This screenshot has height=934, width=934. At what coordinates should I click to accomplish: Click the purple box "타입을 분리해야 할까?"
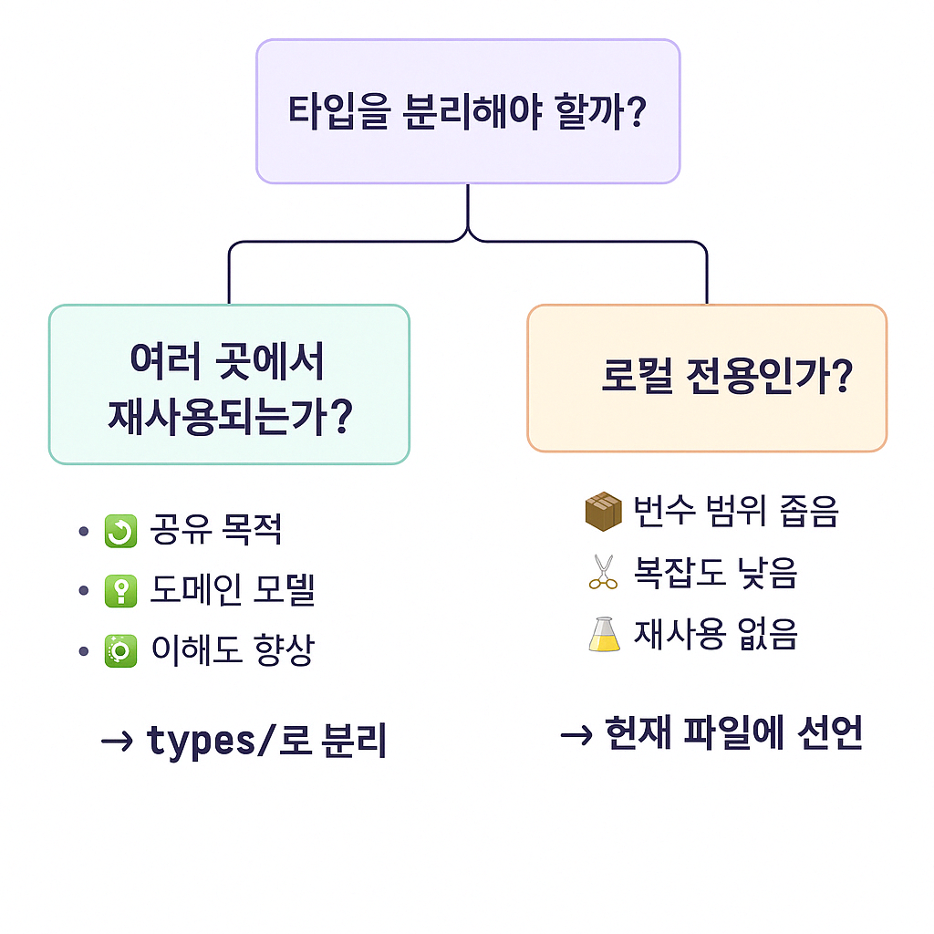pos(468,111)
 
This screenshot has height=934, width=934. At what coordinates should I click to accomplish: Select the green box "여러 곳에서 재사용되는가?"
pos(229,384)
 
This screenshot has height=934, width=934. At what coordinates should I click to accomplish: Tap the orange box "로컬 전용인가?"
pos(707,378)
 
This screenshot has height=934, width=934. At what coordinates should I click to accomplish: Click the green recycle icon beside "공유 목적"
pos(120,531)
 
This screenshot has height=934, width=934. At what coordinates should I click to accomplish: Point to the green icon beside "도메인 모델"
pos(120,591)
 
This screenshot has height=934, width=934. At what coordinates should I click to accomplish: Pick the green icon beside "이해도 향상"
pos(120,651)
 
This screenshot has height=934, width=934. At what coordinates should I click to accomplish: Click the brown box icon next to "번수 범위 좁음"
pos(603,511)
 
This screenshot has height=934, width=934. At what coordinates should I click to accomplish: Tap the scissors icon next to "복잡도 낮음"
pos(603,572)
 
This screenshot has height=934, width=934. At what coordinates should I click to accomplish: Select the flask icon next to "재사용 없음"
pos(604,633)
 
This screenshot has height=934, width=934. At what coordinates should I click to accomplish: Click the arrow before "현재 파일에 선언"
pos(576,734)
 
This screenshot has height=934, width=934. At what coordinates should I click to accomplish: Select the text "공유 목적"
pos(215,530)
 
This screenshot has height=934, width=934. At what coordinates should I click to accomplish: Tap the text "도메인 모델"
pos(232,591)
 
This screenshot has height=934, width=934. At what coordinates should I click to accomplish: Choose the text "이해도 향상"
pos(232,651)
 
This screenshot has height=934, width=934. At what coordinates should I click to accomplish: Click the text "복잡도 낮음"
pos(715,573)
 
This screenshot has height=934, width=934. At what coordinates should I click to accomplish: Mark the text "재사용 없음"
pos(715,634)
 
